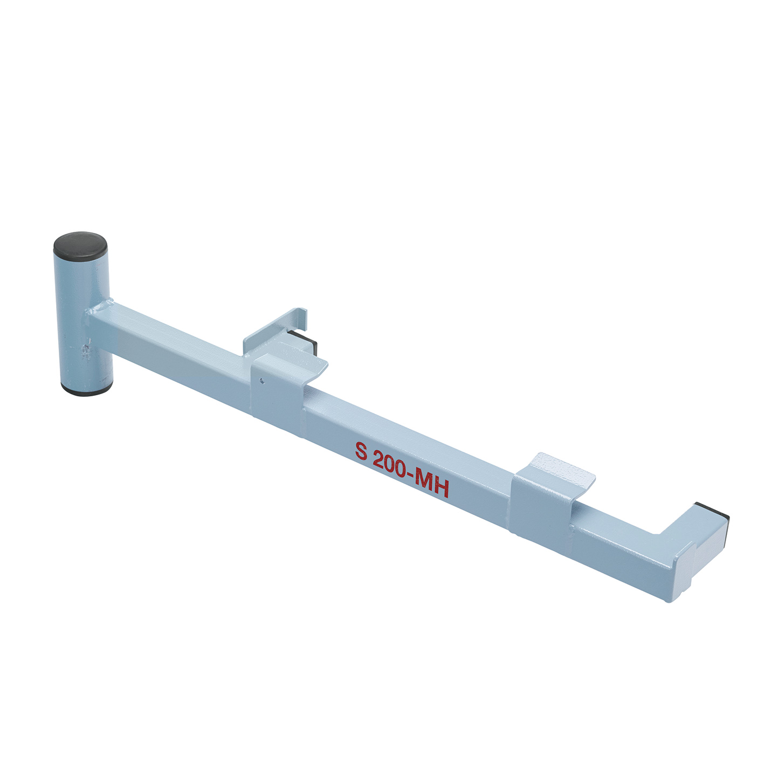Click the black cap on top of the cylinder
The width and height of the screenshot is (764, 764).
(80, 245)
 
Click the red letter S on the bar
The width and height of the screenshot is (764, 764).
(361, 451)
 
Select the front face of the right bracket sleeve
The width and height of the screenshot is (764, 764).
(539, 507)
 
